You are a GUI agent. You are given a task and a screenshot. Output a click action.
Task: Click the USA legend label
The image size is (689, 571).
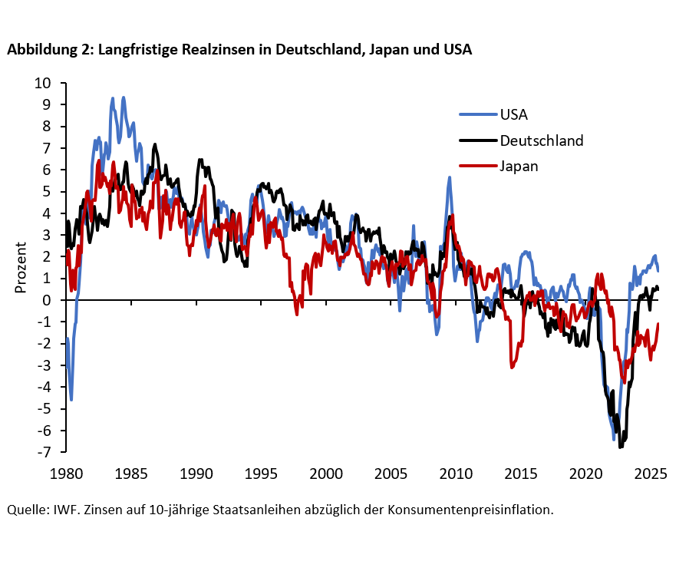point(513,116)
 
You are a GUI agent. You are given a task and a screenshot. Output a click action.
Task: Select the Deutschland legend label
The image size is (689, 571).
point(541,140)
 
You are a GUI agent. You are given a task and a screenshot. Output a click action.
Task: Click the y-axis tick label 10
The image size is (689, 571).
point(43,83)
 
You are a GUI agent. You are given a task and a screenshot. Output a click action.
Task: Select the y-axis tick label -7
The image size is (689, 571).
point(45,452)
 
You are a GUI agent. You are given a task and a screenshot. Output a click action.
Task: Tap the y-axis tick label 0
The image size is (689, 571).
point(48,300)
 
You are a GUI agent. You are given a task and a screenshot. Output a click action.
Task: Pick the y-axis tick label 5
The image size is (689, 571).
point(48,191)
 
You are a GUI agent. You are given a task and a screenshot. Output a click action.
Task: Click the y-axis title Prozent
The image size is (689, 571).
point(21,268)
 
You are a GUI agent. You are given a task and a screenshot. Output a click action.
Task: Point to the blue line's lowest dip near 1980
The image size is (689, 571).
point(71,399)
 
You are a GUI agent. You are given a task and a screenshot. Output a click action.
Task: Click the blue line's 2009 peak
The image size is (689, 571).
point(450,177)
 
